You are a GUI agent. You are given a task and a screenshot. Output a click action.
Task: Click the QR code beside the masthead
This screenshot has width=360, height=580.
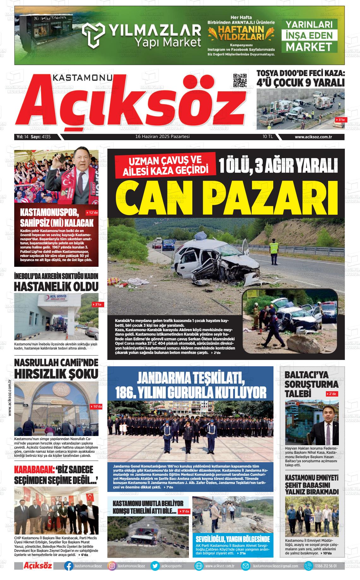click(240, 81)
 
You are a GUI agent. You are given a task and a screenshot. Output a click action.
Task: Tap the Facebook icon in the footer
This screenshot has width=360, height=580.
click(68, 566)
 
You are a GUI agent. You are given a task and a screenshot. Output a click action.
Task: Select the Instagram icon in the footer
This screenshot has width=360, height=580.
click(112, 566)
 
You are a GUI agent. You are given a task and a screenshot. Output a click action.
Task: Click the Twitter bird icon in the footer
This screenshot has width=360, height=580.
click(155, 566)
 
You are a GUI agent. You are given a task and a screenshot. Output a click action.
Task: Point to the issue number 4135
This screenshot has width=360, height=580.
click(46, 137)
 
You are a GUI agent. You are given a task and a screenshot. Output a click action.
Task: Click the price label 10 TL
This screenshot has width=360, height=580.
click(267, 137)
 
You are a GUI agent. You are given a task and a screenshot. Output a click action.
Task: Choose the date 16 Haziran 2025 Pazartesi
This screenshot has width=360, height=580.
click(162, 137)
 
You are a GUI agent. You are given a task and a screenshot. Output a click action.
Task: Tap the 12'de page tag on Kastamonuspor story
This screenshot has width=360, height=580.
click(92, 213)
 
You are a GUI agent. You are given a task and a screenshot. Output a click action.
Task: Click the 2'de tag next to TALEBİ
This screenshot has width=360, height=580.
click(332, 394)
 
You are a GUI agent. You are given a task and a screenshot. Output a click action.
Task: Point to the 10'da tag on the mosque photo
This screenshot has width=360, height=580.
click(96, 407)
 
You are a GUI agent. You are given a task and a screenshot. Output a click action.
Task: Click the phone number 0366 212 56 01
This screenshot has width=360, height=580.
click(325, 566)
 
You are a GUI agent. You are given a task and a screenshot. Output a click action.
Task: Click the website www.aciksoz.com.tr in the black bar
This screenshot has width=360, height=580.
click(315, 137)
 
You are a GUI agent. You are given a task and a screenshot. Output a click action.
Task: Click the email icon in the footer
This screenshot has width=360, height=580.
click(245, 566)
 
